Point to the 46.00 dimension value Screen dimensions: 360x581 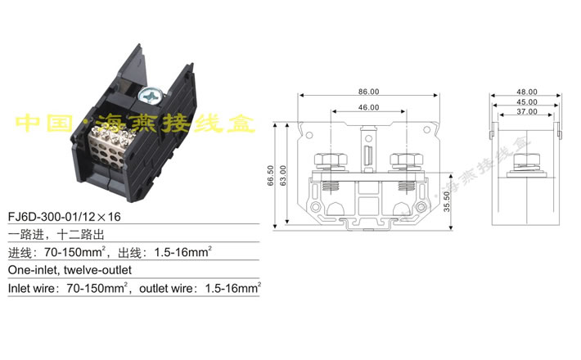(x=367, y=107)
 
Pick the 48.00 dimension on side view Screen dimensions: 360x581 (x=527, y=92)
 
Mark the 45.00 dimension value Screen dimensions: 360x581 (x=527, y=101)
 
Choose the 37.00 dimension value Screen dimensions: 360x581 (x=527, y=111)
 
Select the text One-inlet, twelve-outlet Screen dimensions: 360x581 (x=70, y=269)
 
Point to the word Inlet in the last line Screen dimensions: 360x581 (x=21, y=288)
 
